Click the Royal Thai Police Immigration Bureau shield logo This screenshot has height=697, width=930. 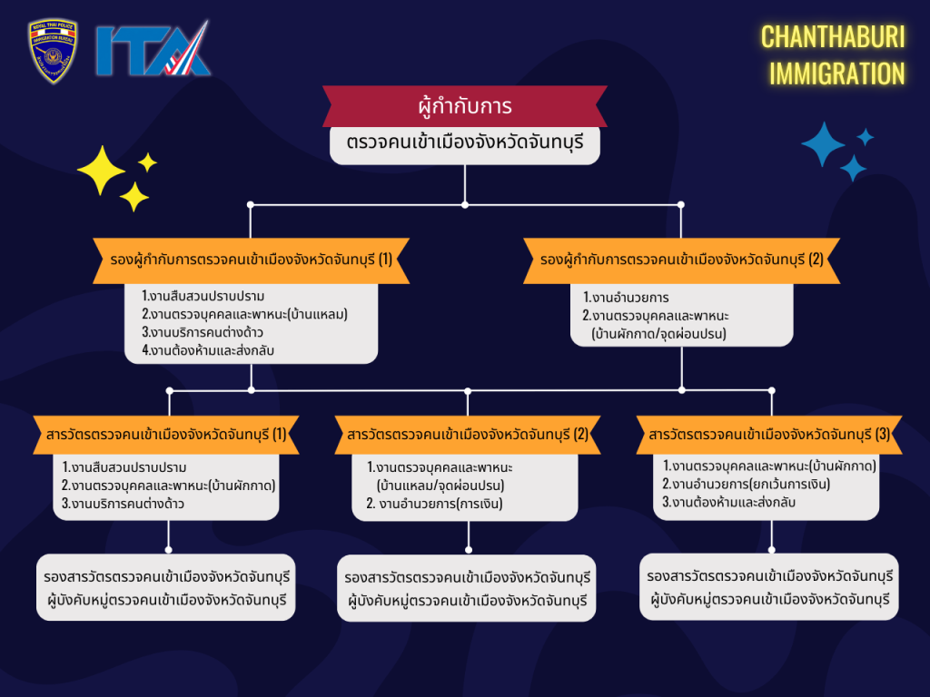[x=53, y=51]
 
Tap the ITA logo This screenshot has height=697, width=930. [x=153, y=50]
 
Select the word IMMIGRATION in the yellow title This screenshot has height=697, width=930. [x=836, y=74]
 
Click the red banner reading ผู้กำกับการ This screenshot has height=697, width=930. [x=464, y=107]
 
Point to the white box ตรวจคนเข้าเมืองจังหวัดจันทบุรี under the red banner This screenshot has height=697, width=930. [x=464, y=144]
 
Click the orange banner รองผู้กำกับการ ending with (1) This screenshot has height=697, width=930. [x=251, y=260]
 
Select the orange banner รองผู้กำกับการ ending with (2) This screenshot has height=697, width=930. [x=681, y=260]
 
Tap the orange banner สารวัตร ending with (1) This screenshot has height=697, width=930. [x=167, y=435]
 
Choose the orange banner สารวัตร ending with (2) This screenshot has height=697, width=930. [x=468, y=435]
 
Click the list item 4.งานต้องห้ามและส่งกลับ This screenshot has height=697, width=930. [x=208, y=349]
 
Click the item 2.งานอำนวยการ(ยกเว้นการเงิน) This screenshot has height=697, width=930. [x=746, y=484]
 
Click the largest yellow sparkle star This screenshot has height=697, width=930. [x=101, y=170]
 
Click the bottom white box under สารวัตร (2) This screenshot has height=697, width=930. [x=468, y=588]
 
